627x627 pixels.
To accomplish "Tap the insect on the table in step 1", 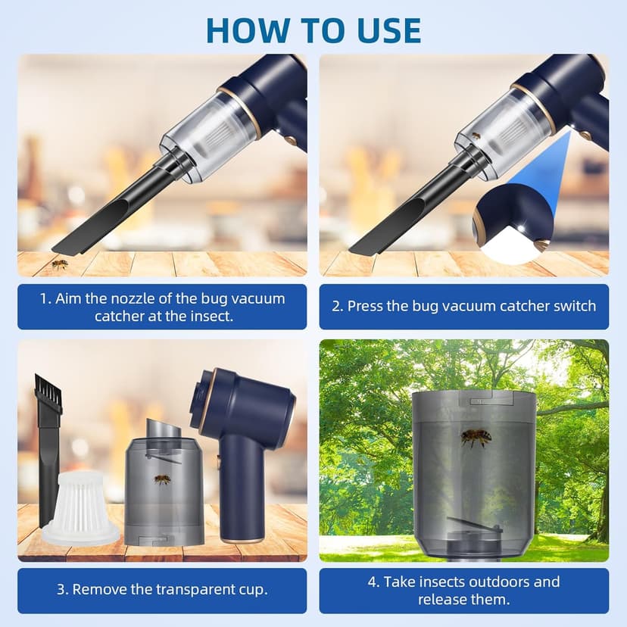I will tap(59, 264).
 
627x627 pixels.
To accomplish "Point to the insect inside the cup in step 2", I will tap(475, 136).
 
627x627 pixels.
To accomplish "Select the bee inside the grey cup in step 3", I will tap(161, 479).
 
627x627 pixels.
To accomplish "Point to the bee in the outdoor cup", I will tap(475, 438).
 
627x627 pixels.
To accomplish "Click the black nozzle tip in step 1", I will tap(68, 243).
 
